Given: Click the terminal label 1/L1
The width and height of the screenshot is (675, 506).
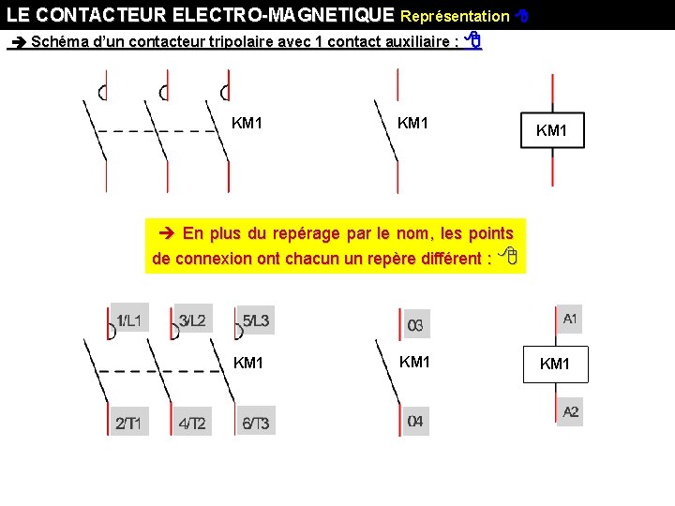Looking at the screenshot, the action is click(x=128, y=320).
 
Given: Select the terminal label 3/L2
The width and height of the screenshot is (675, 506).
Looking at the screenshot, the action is click(x=192, y=320).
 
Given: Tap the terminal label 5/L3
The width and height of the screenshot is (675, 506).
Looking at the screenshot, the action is click(x=256, y=321).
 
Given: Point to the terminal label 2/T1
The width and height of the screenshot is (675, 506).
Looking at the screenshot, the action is click(x=128, y=424).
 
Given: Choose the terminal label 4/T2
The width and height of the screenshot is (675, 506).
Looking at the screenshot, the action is click(x=192, y=424).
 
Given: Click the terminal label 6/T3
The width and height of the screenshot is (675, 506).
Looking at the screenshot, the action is click(x=256, y=424).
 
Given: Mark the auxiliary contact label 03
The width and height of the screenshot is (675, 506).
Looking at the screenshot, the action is click(x=415, y=325).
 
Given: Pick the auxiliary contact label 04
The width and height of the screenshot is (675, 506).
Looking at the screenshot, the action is click(x=415, y=422).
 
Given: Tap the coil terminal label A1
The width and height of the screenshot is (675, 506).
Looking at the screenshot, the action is click(x=570, y=320).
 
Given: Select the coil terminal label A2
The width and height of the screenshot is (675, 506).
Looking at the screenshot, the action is click(x=571, y=412).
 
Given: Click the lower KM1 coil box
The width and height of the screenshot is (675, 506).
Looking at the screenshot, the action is click(x=554, y=364).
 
